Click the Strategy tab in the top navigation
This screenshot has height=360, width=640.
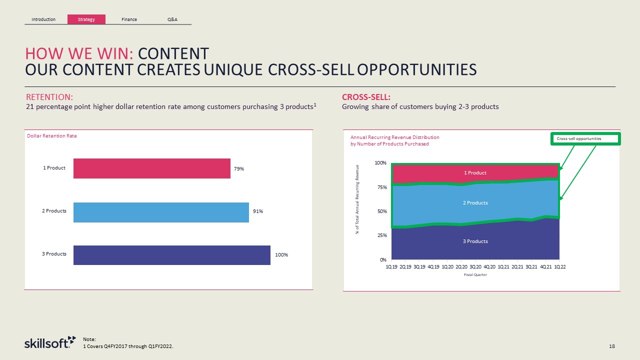(86, 19)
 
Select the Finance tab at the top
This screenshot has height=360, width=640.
(129, 19)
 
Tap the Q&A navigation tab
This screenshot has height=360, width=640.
(172, 19)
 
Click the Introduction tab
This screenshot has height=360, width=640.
(43, 19)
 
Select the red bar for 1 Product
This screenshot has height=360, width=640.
(151, 168)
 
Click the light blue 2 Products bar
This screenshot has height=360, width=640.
(161, 212)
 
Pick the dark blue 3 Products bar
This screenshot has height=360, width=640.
(171, 254)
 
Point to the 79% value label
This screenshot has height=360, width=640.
(239, 169)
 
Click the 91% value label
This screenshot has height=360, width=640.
(257, 211)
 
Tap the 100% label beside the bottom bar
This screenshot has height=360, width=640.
(281, 255)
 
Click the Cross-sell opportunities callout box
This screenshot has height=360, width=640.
(585, 138)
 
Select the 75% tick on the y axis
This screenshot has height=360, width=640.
(381, 187)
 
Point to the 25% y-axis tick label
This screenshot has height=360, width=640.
(381, 235)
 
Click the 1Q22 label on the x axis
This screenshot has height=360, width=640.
(560, 266)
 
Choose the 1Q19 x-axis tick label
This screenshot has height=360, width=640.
(391, 266)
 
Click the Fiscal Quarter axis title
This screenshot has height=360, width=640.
(475, 274)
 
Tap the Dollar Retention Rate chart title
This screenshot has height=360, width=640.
(52, 136)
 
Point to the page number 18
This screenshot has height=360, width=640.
(611, 346)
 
